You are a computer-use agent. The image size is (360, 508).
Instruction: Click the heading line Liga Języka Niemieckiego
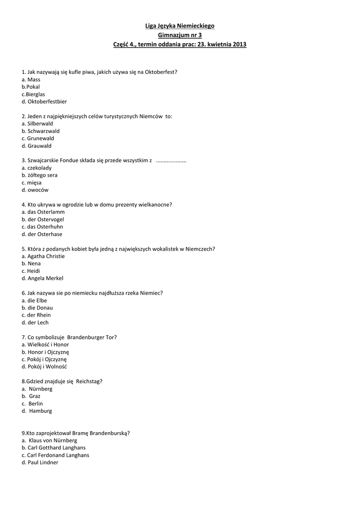pos(180,26)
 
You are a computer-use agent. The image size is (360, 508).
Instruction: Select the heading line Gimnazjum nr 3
pos(180,35)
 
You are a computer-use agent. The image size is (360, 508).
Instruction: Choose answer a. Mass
pos(31,79)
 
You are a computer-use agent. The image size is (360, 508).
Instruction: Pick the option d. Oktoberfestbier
pos(44,101)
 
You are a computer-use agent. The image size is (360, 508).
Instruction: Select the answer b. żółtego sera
pos(39,175)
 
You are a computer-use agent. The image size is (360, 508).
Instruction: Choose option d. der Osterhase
pos(42,234)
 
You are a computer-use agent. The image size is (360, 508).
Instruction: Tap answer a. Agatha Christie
pos(43,256)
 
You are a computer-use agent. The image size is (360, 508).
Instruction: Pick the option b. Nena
pos(31,263)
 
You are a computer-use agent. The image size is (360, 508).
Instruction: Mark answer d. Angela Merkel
pos(42,278)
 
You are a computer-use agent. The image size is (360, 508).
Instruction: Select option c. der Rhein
pos(36,315)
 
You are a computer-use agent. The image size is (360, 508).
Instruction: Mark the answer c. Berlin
pos(32,404)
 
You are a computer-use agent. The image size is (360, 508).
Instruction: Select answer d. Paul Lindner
pos(40,462)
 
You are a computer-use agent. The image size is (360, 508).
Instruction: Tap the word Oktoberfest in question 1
pos(159,72)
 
